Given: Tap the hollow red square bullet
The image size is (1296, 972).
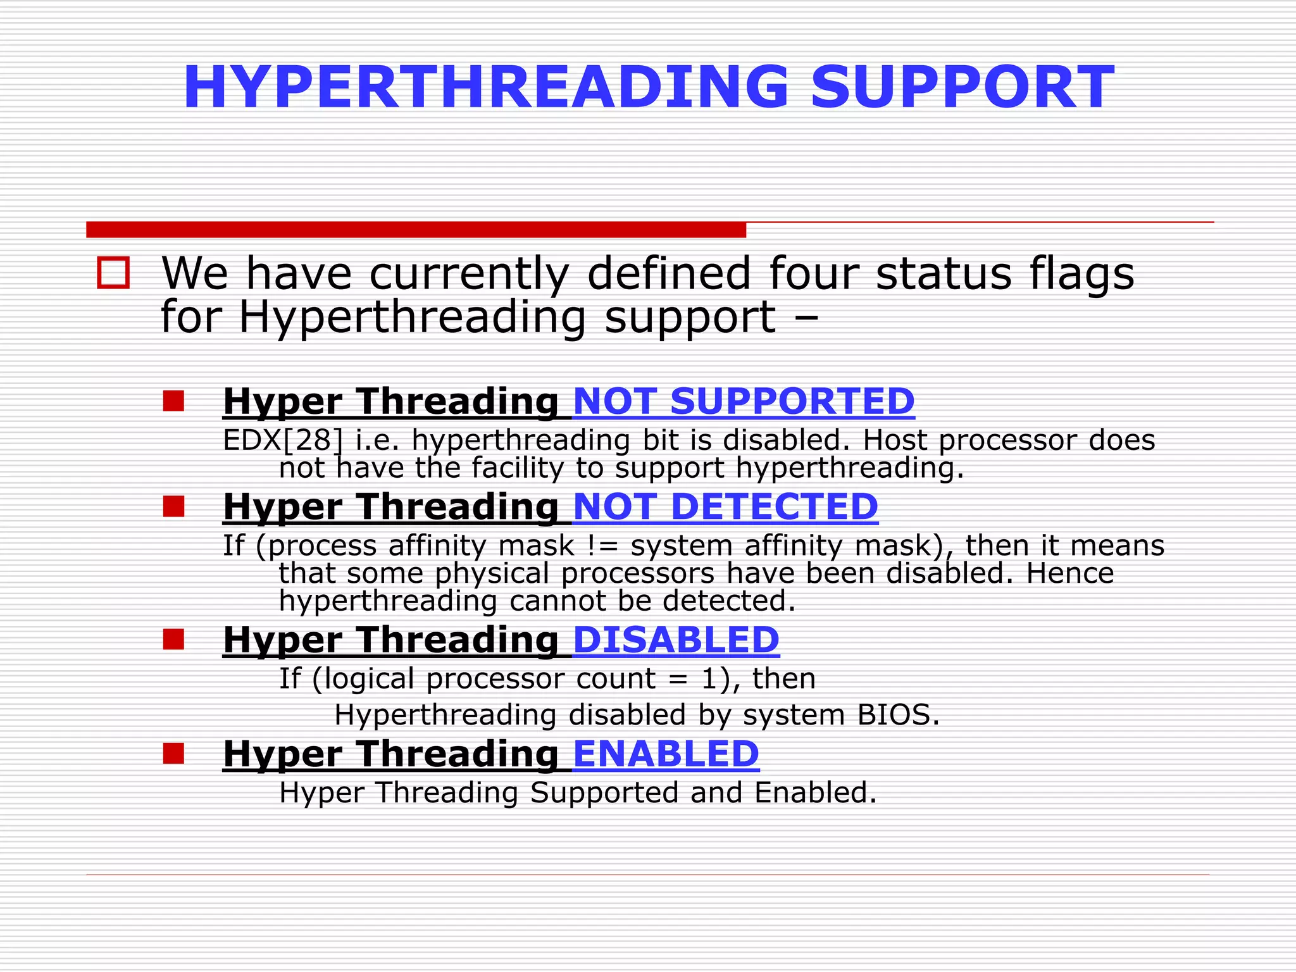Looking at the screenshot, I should [x=113, y=273].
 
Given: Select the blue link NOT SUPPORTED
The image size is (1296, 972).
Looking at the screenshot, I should [x=744, y=401].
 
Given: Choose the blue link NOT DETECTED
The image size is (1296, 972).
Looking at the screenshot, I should [x=725, y=507].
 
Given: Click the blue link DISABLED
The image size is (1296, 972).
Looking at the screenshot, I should [x=676, y=640].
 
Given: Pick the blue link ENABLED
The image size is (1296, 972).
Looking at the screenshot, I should [x=666, y=754].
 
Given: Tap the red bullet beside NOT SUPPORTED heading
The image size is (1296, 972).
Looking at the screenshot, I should [x=173, y=401].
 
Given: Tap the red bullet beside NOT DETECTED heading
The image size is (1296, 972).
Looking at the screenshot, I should [x=173, y=506].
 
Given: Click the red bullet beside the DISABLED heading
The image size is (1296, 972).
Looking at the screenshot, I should [x=173, y=639].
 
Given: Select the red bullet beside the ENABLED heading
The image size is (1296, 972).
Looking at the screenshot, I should [x=173, y=753].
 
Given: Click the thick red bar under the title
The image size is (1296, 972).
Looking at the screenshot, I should [x=416, y=230].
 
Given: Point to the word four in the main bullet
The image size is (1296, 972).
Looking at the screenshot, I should [x=814, y=273].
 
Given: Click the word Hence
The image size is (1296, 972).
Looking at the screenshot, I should [x=1069, y=573].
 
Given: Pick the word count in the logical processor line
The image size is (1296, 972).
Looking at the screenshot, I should [x=616, y=679].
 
